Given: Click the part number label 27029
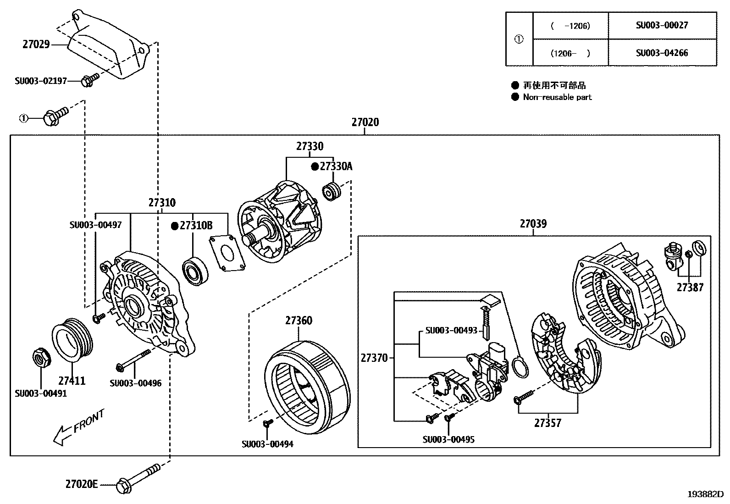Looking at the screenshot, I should point(36,44).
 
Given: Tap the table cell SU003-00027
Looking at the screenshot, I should point(662,25).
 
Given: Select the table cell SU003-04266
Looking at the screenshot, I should point(662,53).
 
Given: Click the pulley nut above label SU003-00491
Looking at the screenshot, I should point(41,358).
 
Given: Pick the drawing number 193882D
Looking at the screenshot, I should point(705,494).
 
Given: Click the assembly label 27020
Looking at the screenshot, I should point(365,122).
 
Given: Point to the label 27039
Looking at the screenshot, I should point(533,224).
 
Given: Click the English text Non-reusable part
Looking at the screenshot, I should point(557,97).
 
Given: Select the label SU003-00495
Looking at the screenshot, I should point(448,439).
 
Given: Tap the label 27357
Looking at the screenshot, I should point(547,423).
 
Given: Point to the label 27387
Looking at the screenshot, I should point(690,288).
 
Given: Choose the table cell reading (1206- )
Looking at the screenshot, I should point(570,53).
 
